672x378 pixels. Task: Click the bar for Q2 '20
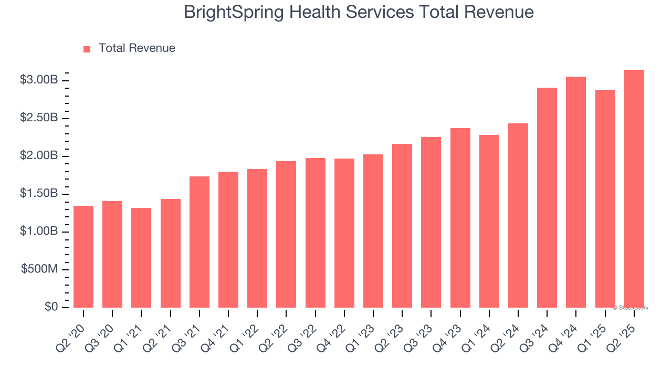tap(83, 257)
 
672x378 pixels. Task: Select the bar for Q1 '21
tap(141, 258)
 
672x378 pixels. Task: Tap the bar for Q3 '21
tap(199, 242)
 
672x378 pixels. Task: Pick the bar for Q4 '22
tap(344, 233)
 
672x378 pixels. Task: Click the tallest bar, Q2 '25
tap(634, 188)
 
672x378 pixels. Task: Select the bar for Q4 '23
tap(460, 218)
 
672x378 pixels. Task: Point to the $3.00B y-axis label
tap(38, 80)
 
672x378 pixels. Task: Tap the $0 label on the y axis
tap(51, 307)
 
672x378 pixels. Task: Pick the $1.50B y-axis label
tap(38, 194)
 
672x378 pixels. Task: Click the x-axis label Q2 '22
tap(276, 336)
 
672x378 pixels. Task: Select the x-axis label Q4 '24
tap(565, 336)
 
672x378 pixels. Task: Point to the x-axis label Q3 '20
tap(102, 336)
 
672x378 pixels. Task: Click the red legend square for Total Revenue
tap(87, 49)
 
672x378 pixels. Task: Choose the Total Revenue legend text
tap(136, 48)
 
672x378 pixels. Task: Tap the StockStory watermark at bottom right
tap(631, 308)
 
